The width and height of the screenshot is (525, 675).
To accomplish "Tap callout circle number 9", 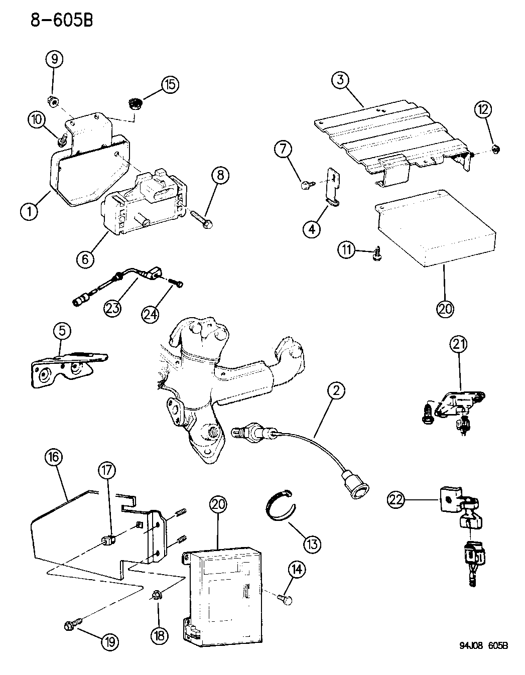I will tap(55, 59).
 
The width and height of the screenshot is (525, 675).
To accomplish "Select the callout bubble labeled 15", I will tap(170, 84).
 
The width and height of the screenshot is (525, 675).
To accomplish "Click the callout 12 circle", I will tap(484, 109).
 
